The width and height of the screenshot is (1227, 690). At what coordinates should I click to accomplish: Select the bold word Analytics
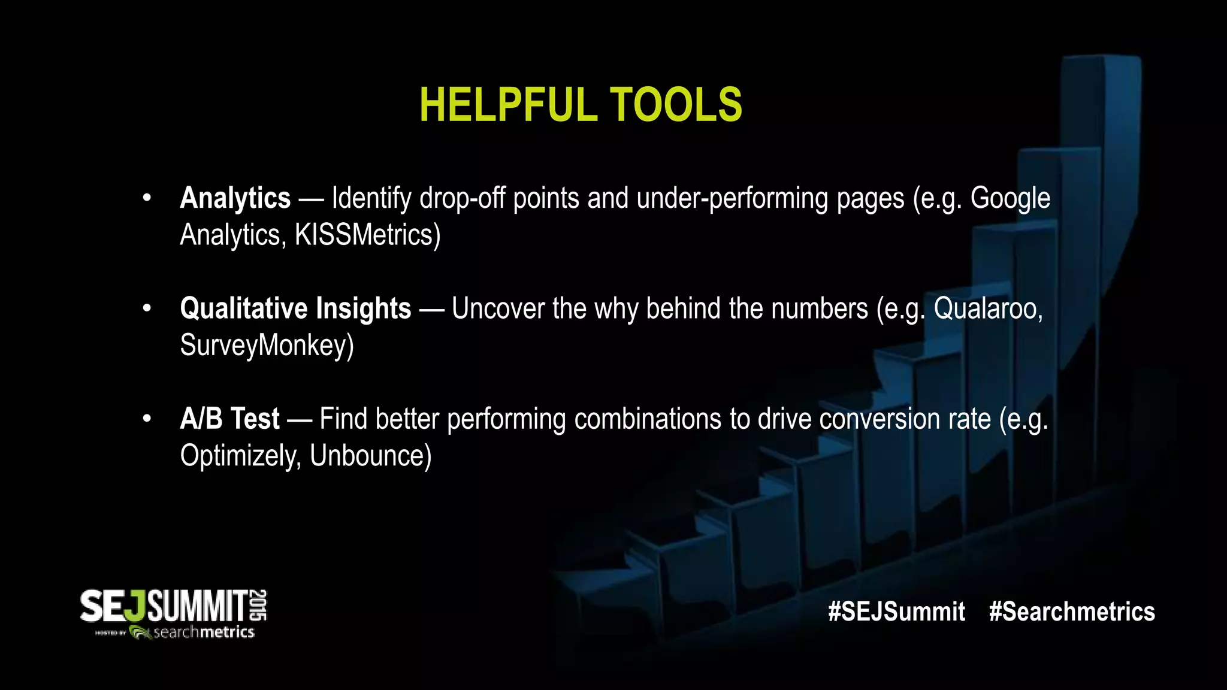(x=235, y=198)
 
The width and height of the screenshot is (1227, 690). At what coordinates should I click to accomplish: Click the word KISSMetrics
(x=367, y=235)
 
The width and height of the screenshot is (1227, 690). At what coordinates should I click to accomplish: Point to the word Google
(x=1010, y=198)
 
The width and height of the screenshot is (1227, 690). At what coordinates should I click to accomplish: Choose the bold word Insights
(x=363, y=308)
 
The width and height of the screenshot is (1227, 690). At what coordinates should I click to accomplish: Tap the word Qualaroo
(x=987, y=308)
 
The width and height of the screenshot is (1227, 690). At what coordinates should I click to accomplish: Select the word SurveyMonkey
(x=267, y=346)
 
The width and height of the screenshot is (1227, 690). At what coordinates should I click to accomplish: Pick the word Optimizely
(x=240, y=456)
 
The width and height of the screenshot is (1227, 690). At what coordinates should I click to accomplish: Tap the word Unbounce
(x=370, y=456)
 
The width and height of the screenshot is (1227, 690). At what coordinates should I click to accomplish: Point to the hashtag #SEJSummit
(x=896, y=612)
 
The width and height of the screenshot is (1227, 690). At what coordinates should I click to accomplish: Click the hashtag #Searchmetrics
(x=1072, y=612)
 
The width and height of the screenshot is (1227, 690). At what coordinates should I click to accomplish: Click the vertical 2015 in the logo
(x=259, y=605)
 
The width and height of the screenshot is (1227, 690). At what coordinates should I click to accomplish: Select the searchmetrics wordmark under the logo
(x=204, y=632)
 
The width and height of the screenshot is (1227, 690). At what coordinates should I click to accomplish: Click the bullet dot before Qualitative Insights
(x=147, y=308)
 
